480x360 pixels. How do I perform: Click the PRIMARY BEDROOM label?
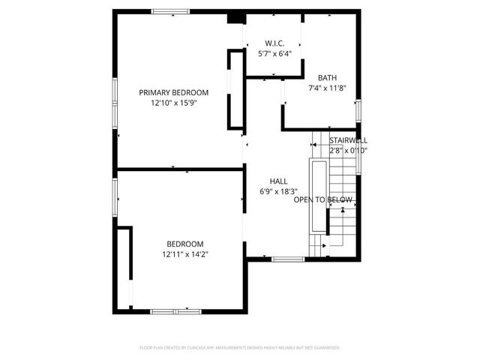pyautogui.click(x=173, y=92)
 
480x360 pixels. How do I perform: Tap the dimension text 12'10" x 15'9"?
pyautogui.click(x=173, y=103)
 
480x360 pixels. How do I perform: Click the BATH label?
pyautogui.click(x=327, y=78)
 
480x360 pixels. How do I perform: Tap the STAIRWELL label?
pyautogui.click(x=349, y=140)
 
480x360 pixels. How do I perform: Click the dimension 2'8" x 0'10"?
pyautogui.click(x=348, y=150)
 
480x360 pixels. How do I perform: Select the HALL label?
pyautogui.click(x=279, y=181)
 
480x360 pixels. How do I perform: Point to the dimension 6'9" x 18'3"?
pyautogui.click(x=279, y=191)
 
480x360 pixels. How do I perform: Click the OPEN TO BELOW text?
pyautogui.click(x=322, y=200)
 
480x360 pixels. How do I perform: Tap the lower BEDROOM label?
pyautogui.click(x=184, y=244)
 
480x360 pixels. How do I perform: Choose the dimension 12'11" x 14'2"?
pyautogui.click(x=184, y=254)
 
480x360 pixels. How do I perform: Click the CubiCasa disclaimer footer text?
pyautogui.click(x=240, y=348)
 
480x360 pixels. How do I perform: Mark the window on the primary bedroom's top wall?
pyautogui.click(x=170, y=11)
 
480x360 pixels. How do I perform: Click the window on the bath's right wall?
pyautogui.click(x=358, y=109)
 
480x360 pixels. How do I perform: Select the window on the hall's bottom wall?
pyautogui.click(x=287, y=259)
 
